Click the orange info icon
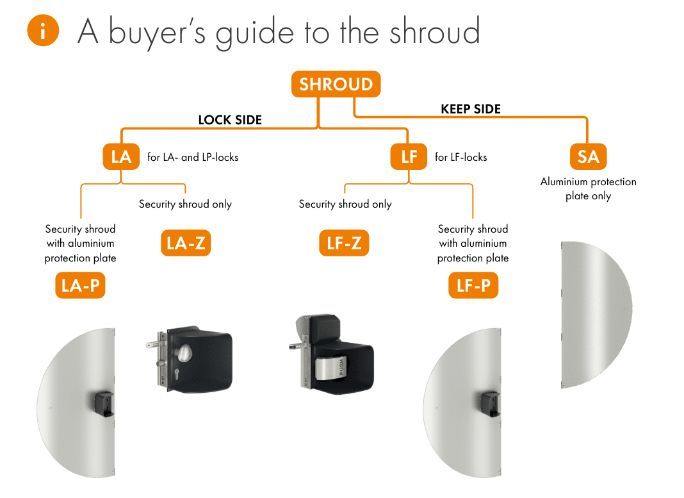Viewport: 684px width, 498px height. (43, 30)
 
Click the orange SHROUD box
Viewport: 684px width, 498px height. (336, 84)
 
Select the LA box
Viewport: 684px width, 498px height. (121, 156)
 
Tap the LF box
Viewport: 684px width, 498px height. (409, 156)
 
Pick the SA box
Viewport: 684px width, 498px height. (588, 156)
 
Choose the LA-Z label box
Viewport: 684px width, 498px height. (186, 243)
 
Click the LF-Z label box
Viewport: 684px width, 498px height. (344, 243)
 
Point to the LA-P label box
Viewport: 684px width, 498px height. (80, 285)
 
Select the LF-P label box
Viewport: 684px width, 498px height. (473, 285)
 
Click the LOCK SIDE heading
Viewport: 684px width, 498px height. (230, 120)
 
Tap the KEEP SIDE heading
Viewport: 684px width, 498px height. (471, 109)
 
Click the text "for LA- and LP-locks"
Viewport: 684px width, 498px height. (193, 157)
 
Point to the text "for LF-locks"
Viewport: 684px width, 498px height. (460, 157)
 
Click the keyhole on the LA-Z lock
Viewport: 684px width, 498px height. (177, 374)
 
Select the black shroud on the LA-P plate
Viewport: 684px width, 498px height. (105, 403)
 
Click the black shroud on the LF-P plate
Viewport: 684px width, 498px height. (491, 403)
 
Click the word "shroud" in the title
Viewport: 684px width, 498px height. (434, 31)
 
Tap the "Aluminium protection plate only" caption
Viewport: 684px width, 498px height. (588, 188)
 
